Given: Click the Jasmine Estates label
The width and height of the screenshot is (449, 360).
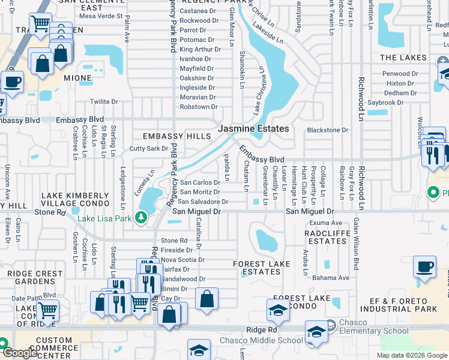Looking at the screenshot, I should click(x=253, y=128).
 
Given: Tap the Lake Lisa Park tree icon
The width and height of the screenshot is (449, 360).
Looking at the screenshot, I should click(x=142, y=217).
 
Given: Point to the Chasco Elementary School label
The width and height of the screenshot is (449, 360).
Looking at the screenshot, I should click(x=364, y=331).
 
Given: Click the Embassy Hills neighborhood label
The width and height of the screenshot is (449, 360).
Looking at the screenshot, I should click(x=176, y=136).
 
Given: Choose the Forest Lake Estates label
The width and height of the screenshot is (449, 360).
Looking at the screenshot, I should click(x=262, y=268).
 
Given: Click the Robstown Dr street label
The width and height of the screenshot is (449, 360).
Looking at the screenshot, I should click(x=199, y=107).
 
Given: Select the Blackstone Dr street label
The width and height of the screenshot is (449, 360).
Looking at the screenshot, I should click(x=327, y=130).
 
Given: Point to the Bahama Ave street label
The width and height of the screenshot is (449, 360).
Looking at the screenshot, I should click(x=331, y=278).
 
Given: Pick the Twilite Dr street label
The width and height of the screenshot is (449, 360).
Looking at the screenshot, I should click(x=103, y=102).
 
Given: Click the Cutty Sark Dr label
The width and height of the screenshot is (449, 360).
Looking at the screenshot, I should click(x=149, y=148).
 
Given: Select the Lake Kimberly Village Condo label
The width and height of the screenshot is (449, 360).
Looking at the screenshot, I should click(x=75, y=200).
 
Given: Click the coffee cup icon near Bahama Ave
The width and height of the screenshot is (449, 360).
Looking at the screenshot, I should click(x=425, y=268).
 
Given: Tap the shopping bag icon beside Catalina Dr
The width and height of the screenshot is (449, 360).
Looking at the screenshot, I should click(x=206, y=299).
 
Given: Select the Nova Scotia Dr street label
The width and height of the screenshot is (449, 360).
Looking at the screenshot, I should click(x=183, y=260).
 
